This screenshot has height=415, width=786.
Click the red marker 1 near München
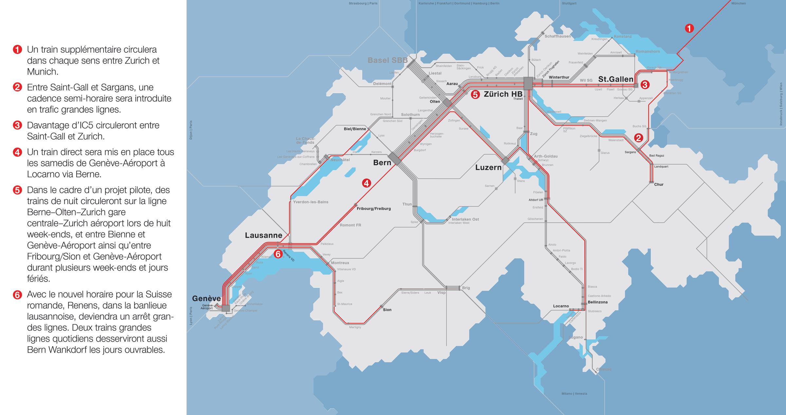689,28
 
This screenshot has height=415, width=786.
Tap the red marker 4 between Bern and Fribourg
366,183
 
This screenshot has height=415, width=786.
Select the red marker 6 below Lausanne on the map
278,254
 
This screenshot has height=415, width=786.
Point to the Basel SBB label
387,60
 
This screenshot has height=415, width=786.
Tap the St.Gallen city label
616,79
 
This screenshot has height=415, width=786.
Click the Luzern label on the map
488,167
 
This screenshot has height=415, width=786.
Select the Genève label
206,298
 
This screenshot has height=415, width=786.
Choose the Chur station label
659,184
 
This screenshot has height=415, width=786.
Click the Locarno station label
561,306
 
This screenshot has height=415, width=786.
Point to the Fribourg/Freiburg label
374,209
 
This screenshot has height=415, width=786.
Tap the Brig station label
466,288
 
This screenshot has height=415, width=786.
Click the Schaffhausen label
557,36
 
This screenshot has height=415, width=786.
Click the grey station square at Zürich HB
528,83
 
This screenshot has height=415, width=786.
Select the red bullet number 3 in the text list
17,125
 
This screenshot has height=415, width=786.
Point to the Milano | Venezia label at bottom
574,394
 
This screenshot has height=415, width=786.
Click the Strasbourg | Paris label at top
363,3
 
